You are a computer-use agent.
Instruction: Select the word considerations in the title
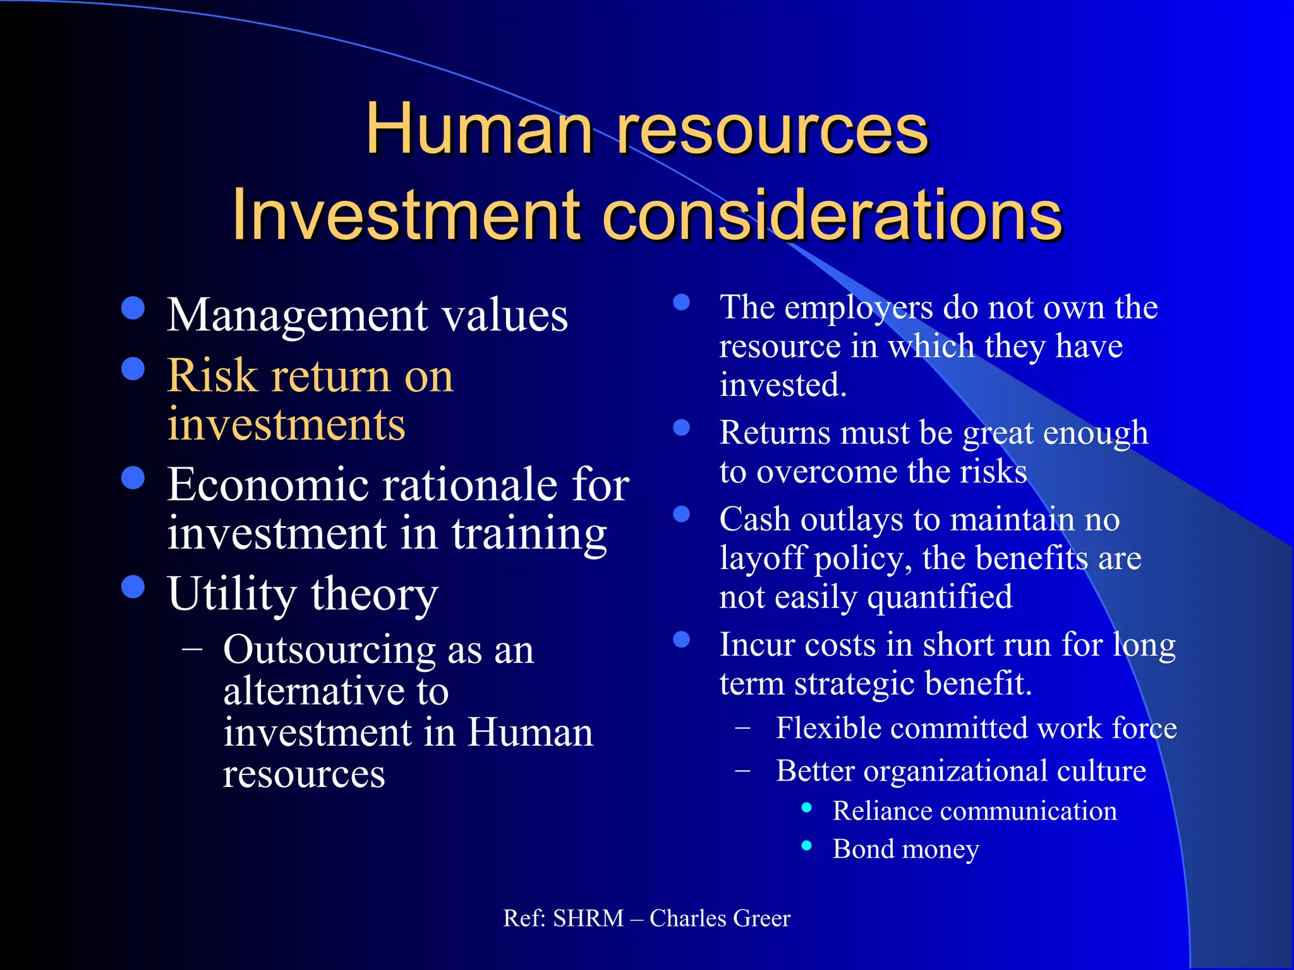pos(832,216)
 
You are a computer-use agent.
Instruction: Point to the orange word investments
pos(286,424)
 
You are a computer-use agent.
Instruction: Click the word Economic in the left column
pos(268,485)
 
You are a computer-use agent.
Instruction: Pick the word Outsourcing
pos(329,650)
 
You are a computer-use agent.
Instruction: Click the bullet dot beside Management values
pos(133,309)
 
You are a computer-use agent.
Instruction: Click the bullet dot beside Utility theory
pos(133,587)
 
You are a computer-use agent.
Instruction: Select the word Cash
pos(754,520)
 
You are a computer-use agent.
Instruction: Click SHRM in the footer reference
pos(588,918)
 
